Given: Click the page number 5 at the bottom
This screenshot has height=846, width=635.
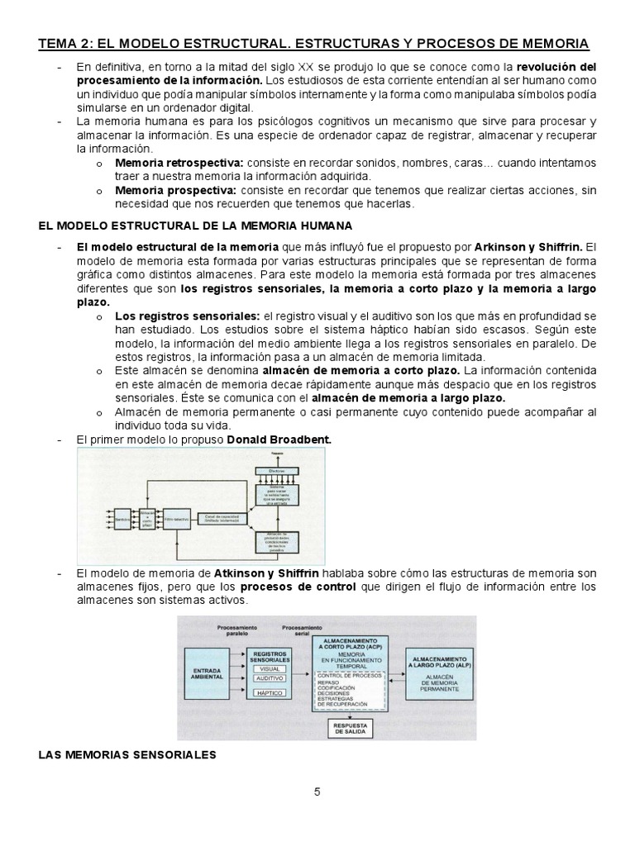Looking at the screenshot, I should pos(317,792).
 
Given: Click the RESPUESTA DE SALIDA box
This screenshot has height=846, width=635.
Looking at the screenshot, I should pos(350,729).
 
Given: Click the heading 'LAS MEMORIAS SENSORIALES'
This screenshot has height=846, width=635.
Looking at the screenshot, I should pos(127,754).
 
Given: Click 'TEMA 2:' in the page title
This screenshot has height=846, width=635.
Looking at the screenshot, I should pos(71,42).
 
